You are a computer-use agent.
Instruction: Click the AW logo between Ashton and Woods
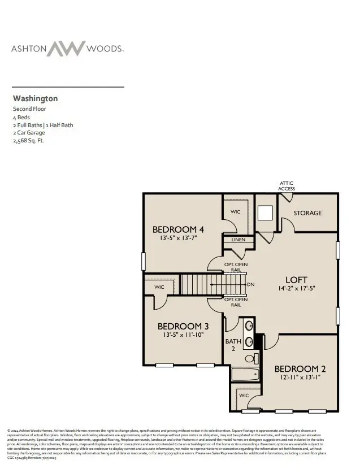tap(67, 49)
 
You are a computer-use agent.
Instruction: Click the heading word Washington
tap(35, 98)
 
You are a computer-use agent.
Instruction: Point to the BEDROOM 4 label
tap(178, 229)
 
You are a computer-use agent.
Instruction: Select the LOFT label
tap(297, 279)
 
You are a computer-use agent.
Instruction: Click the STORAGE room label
tap(308, 213)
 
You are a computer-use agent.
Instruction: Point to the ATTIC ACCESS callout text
tap(287, 185)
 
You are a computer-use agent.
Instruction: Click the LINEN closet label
tap(238, 240)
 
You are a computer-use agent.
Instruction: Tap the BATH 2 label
tap(233, 345)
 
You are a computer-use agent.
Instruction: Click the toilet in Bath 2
tap(251, 358)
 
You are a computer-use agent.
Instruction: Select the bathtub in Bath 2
tap(245, 374)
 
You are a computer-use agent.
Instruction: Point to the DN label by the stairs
tap(251, 284)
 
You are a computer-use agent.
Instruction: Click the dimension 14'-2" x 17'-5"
tap(297, 289)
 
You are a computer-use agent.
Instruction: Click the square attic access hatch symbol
tap(265, 212)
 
